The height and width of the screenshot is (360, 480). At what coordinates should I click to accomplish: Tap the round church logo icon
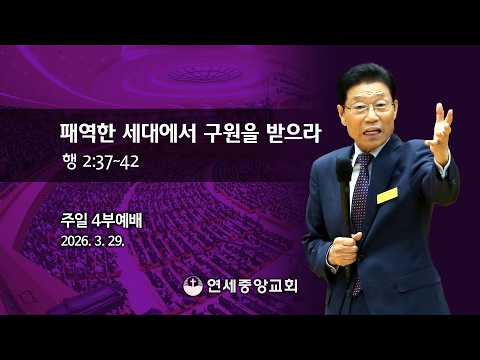tap(193, 286)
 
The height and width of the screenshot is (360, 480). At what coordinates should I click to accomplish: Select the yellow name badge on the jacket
tap(387, 195)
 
